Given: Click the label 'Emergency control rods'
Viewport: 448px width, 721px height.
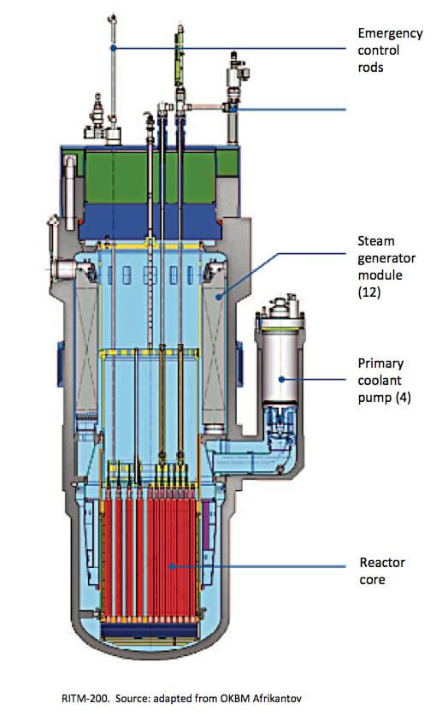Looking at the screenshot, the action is pyautogui.click(x=390, y=50).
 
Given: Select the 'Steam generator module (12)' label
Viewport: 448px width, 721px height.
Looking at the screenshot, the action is pyautogui.click(x=386, y=266).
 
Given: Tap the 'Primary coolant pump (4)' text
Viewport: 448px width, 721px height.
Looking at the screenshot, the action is pyautogui.click(x=384, y=381).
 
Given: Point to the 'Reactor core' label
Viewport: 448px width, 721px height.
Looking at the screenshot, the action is pyautogui.click(x=382, y=570).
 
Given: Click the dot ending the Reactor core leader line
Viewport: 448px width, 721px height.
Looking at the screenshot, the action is pyautogui.click(x=172, y=566).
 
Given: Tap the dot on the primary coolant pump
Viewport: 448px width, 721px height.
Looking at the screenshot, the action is pyautogui.click(x=281, y=380).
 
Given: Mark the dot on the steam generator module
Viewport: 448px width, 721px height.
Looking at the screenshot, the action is pyautogui.click(x=220, y=297).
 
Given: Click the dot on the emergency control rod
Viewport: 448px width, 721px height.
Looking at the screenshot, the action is pyautogui.click(x=113, y=48).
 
